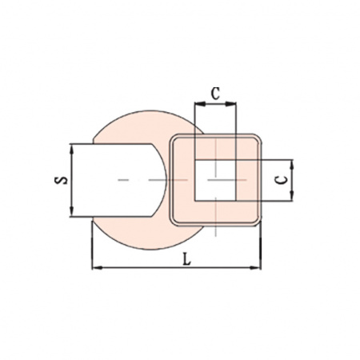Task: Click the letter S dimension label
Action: [61, 180]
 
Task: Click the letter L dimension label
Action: [187, 259]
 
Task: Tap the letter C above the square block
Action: [215, 94]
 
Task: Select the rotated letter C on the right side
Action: [282, 180]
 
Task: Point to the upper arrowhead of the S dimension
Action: [71, 150]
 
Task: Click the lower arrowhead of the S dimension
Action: [71, 211]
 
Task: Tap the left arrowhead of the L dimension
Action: [98, 267]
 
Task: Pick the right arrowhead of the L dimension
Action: [255, 267]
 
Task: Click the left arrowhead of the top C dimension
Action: [200, 104]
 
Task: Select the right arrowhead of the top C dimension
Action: [231, 104]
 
